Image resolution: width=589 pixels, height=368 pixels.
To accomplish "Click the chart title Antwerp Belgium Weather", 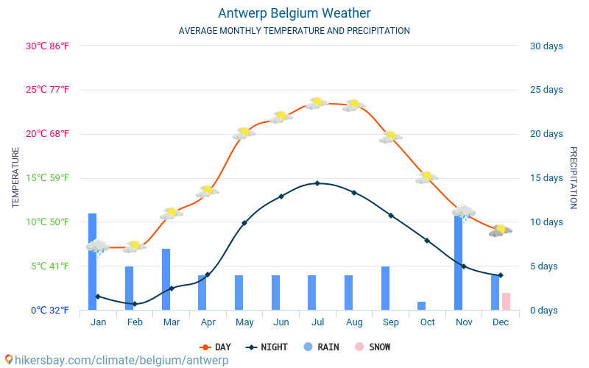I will (x=294, y=13).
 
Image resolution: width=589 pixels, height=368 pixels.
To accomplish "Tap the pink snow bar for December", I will (x=506, y=301).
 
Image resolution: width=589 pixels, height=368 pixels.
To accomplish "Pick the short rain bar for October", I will (x=421, y=305).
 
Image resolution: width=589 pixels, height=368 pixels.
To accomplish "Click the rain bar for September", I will (x=385, y=288).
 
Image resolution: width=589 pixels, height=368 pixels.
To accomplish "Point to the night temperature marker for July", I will (x=317, y=183).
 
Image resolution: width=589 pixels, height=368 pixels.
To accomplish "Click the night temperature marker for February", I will (x=134, y=304).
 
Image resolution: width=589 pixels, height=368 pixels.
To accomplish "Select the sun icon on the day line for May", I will (x=244, y=133).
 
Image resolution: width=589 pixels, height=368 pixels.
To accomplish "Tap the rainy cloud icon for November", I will (x=464, y=213).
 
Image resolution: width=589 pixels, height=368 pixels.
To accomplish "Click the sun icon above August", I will (x=354, y=105).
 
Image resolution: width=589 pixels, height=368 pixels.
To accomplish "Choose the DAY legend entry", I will (x=215, y=347).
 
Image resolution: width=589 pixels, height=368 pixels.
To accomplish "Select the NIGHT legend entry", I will (x=267, y=347).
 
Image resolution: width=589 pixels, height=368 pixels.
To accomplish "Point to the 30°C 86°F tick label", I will (x=47, y=46).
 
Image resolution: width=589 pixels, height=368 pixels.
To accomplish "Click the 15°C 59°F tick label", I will (x=47, y=178).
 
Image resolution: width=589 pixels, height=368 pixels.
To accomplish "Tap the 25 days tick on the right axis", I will (x=546, y=90).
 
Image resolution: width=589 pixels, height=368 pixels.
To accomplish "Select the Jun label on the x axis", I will (x=281, y=322).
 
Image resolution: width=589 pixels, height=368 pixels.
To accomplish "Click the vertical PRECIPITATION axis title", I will (x=574, y=177).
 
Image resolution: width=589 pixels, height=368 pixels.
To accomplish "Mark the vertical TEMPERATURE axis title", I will (x=15, y=177).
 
